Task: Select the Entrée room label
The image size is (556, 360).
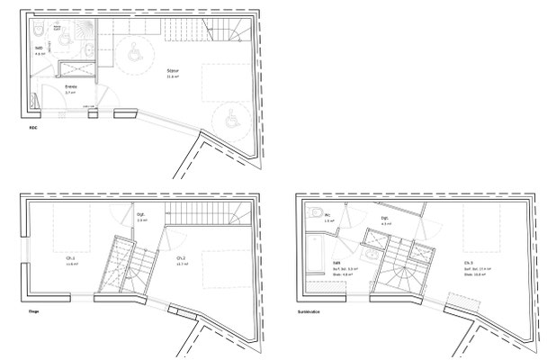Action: [x=69, y=87]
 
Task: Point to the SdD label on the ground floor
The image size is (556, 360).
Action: [x=40, y=47]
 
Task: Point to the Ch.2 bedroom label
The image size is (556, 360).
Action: [x=180, y=259]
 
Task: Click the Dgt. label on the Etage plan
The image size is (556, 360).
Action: [x=140, y=215]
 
